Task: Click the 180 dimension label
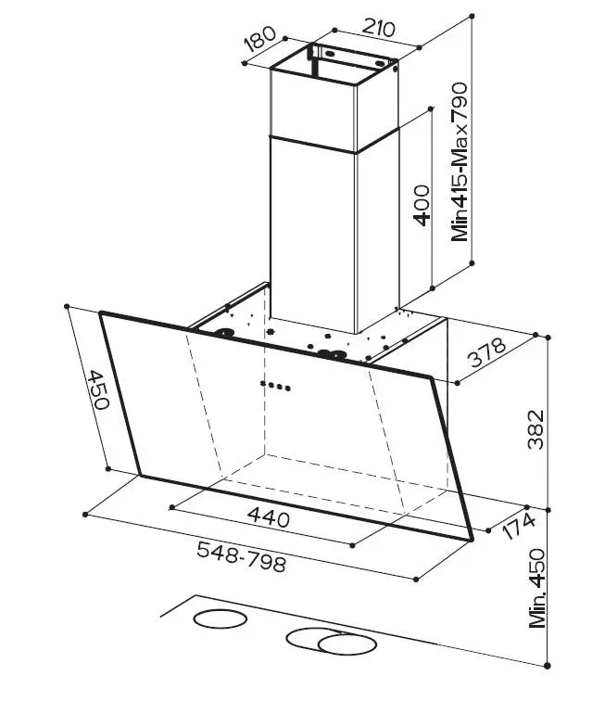(x=260, y=39)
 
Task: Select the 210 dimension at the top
(x=378, y=28)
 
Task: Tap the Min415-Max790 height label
(x=460, y=161)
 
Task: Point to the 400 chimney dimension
(x=422, y=205)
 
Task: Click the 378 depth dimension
(x=486, y=352)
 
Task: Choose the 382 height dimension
(x=536, y=429)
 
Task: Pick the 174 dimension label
(x=519, y=526)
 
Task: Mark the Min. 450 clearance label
(x=537, y=588)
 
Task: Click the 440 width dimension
(x=269, y=517)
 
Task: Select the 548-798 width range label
(x=242, y=557)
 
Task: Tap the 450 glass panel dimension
(x=99, y=389)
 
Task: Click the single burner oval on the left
(x=221, y=618)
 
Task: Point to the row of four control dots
(x=275, y=386)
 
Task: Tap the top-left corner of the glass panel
(x=101, y=312)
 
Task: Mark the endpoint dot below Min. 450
(x=548, y=665)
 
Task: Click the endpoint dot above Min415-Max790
(x=472, y=16)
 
